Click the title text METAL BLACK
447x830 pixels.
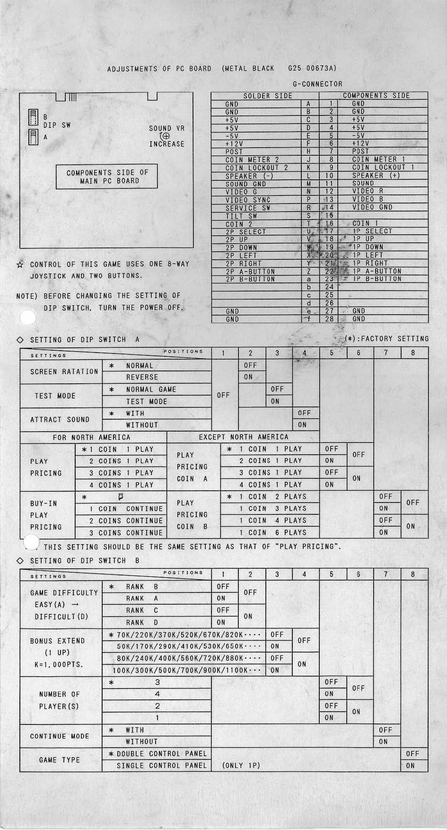pos(249,69)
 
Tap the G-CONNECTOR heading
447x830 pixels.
pos(317,84)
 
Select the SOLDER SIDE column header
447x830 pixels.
pos(267,96)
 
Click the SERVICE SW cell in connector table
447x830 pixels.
pos(248,208)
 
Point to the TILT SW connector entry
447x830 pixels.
pos(241,216)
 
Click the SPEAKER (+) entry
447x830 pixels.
pos(376,176)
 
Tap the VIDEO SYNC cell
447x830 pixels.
pos(248,200)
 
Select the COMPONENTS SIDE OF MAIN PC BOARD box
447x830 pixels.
pos(107,177)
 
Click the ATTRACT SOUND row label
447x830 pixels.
pos(60,419)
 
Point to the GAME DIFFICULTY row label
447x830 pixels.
pos(64,593)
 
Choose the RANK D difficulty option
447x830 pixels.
pos(142,622)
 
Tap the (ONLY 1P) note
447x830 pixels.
pos(241,766)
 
